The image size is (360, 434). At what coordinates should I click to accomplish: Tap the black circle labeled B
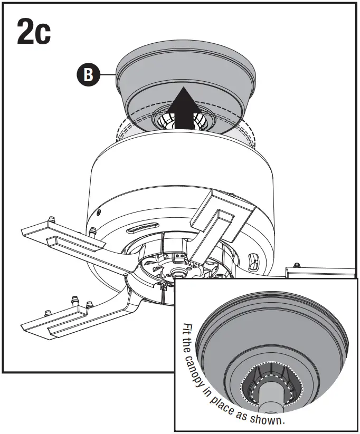click(x=88, y=75)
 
